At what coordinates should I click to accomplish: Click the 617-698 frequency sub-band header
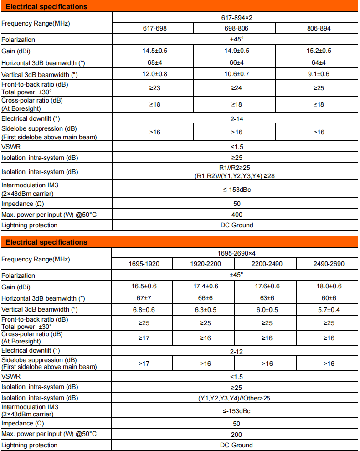tap(153, 28)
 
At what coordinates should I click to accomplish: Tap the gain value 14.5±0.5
tap(153, 51)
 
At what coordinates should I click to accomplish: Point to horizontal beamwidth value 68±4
tap(153, 62)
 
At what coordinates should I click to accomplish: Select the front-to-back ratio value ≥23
tap(153, 88)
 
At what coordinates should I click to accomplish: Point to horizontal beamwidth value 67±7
tap(142, 298)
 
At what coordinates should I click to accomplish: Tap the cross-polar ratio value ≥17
tap(142, 338)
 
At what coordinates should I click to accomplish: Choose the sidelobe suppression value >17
tap(142, 364)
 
